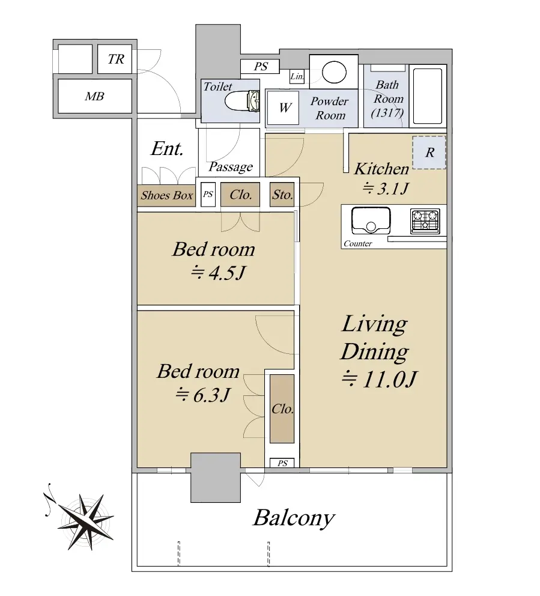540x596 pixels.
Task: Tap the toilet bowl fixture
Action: (242, 101)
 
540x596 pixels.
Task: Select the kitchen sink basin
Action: (371, 220)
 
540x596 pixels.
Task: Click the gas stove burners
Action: (425, 221)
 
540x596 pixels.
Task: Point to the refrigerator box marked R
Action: (429, 153)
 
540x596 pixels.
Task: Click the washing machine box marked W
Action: (284, 108)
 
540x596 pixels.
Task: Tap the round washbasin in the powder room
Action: (334, 72)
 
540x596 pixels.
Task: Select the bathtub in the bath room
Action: (428, 96)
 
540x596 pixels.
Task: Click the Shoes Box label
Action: (166, 195)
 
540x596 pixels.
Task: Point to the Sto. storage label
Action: (282, 195)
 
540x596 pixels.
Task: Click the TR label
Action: (116, 59)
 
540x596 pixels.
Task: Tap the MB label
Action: (94, 96)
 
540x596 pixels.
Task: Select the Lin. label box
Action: (297, 76)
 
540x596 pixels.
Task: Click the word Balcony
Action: (294, 518)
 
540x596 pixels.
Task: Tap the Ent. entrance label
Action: (167, 148)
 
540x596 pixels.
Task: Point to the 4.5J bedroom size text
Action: (218, 273)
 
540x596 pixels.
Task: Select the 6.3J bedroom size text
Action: (202, 395)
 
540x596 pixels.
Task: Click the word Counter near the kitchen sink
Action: (357, 244)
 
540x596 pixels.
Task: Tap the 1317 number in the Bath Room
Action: (387, 112)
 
